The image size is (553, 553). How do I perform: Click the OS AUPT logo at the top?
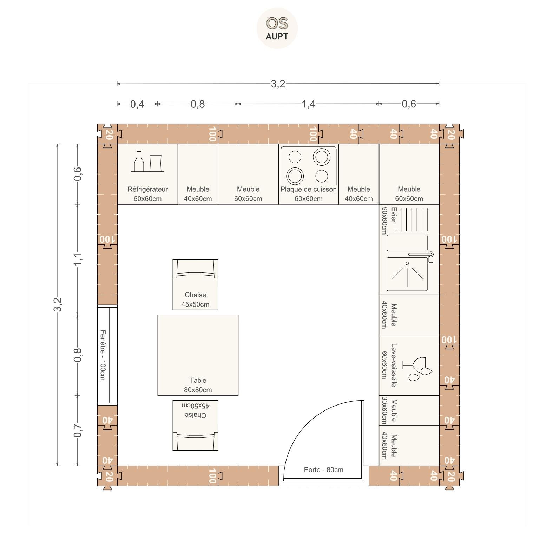click(277, 28)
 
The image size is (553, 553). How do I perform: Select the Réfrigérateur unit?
click(147, 174)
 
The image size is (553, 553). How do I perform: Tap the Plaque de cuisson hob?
click(309, 174)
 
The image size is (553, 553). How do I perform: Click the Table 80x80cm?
click(198, 355)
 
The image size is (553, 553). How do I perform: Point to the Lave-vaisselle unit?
click(409, 365)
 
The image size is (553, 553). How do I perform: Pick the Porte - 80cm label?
click(324, 470)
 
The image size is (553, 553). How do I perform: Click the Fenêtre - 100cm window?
click(107, 355)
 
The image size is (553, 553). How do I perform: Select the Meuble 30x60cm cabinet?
click(409, 410)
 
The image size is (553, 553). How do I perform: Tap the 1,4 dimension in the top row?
click(309, 104)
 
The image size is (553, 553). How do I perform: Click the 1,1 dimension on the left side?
click(78, 259)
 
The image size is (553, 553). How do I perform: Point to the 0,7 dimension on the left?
click(78, 430)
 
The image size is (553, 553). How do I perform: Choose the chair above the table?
click(195, 285)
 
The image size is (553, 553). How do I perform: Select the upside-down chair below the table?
click(195, 426)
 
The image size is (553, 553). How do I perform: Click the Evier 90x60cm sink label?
click(389, 220)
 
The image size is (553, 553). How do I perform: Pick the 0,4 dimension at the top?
click(137, 104)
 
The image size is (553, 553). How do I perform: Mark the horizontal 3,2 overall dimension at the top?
click(278, 84)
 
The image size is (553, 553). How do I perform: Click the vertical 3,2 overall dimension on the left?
click(58, 304)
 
